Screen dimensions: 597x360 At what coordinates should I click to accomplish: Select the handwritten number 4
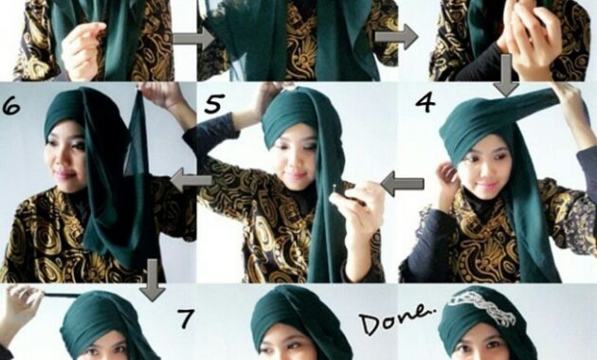tap(425, 101)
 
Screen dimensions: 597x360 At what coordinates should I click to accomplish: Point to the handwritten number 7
tap(186, 319)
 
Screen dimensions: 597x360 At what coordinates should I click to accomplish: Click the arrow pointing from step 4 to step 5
tap(402, 184)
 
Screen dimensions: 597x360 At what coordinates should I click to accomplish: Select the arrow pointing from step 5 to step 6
tap(191, 180)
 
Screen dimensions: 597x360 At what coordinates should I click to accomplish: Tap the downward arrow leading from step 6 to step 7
tap(153, 280)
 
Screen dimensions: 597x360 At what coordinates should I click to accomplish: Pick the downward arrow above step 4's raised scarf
tap(506, 76)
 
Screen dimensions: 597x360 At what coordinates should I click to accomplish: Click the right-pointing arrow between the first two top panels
tap(194, 38)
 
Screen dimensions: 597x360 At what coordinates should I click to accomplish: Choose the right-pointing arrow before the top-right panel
tap(396, 37)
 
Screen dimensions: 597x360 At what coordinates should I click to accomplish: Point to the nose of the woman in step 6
tap(60, 159)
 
